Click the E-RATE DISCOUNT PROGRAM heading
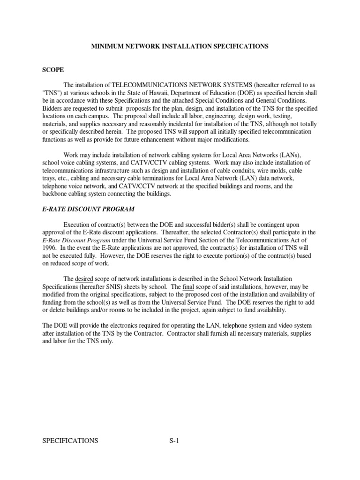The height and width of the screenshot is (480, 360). click(89, 209)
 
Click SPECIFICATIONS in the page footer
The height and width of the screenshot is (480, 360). click(70, 440)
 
